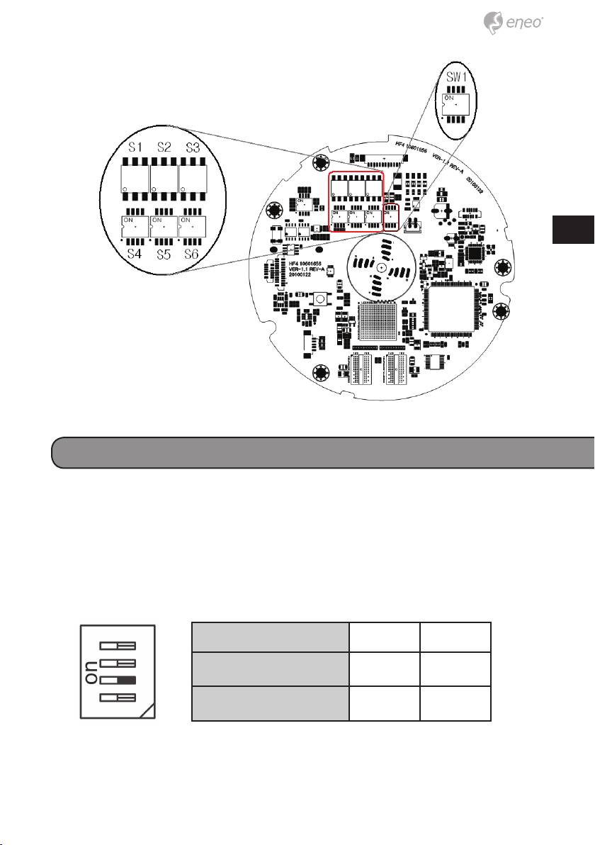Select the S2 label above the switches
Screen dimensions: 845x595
(x=164, y=147)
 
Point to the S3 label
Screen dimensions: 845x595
(x=193, y=147)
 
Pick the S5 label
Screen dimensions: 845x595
(x=163, y=252)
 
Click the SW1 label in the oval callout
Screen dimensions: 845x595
(x=454, y=74)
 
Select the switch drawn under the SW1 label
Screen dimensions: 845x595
(x=454, y=103)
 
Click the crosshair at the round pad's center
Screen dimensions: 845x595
(x=380, y=267)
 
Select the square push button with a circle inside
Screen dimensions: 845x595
(x=320, y=299)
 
